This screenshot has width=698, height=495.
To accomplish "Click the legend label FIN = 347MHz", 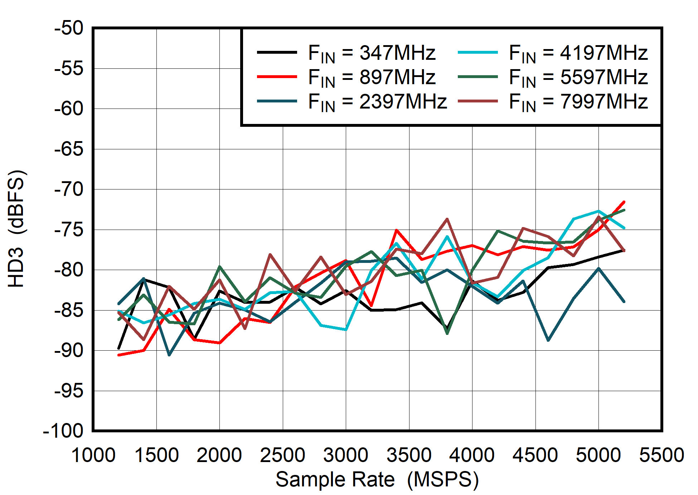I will click(372, 53).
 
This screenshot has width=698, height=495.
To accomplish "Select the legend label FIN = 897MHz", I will click(372, 77).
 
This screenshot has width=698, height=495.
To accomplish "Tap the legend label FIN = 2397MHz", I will click(377, 102).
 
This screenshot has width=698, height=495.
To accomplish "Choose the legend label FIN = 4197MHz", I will click(578, 53).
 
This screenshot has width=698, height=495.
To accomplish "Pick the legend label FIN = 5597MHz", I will click(578, 77).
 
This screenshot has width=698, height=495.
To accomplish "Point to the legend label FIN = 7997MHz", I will click(578, 102).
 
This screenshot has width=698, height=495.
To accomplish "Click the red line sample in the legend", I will click(277, 77).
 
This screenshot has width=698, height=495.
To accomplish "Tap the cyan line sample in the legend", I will click(478, 52).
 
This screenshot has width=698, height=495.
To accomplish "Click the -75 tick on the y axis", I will click(69, 230).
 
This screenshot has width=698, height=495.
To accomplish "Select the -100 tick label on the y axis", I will click(63, 431).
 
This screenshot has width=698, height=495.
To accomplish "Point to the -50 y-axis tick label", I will click(69, 28).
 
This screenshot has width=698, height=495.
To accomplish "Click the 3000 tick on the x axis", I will click(345, 455).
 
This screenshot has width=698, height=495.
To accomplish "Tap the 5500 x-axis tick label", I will click(661, 455).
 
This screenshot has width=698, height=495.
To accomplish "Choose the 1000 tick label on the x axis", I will click(93, 455).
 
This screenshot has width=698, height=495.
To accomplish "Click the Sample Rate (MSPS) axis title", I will click(377, 479).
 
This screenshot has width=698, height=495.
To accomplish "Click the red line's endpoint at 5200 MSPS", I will click(624, 202).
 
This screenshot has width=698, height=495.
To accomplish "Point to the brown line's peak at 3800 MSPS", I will click(447, 219).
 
